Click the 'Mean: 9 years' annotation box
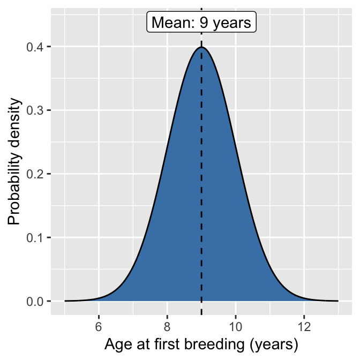point(201,23)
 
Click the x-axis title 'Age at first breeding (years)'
point(201,343)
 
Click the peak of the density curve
point(201,47)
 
